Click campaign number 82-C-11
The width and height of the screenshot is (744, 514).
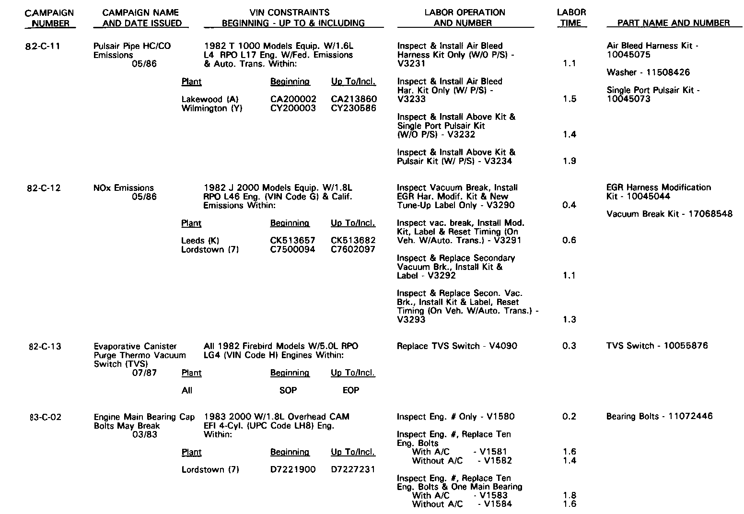[43, 47]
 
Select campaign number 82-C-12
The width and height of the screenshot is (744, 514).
[43, 188]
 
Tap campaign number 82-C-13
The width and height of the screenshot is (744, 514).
[44, 346]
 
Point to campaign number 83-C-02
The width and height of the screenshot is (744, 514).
[44, 417]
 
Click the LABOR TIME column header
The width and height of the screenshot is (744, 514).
[571, 17]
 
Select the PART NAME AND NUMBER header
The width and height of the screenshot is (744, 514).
[674, 23]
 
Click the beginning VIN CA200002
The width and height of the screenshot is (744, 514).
[293, 99]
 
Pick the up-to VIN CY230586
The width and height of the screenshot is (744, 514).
[354, 108]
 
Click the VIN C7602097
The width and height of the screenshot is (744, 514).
[353, 249]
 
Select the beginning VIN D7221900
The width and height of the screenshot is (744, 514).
[293, 469]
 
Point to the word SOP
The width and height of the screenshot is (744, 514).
[288, 390]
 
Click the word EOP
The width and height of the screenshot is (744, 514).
[351, 390]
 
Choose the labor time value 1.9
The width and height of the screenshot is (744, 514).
[570, 161]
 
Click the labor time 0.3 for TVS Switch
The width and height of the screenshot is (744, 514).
[570, 346]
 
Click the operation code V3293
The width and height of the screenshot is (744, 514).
[411, 320]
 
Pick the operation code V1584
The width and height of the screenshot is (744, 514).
[498, 504]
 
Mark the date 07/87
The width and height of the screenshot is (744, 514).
[144, 373]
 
